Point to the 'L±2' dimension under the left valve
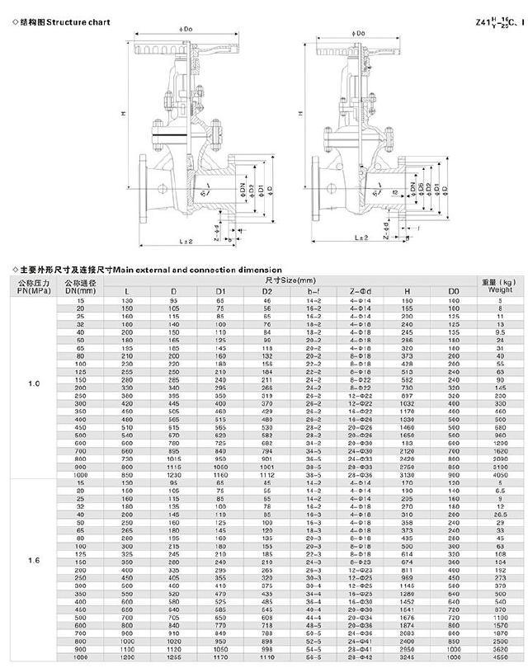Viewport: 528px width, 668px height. pyautogui.click(x=186, y=240)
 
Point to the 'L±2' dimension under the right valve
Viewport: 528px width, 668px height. pyautogui.click(x=361, y=238)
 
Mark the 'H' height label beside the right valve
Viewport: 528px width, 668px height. pyautogui.click(x=300, y=113)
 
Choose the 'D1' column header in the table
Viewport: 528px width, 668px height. pyautogui.click(x=221, y=291)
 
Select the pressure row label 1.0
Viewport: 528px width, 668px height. pyautogui.click(x=33, y=384)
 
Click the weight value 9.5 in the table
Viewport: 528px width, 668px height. pyautogui.click(x=499, y=332)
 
